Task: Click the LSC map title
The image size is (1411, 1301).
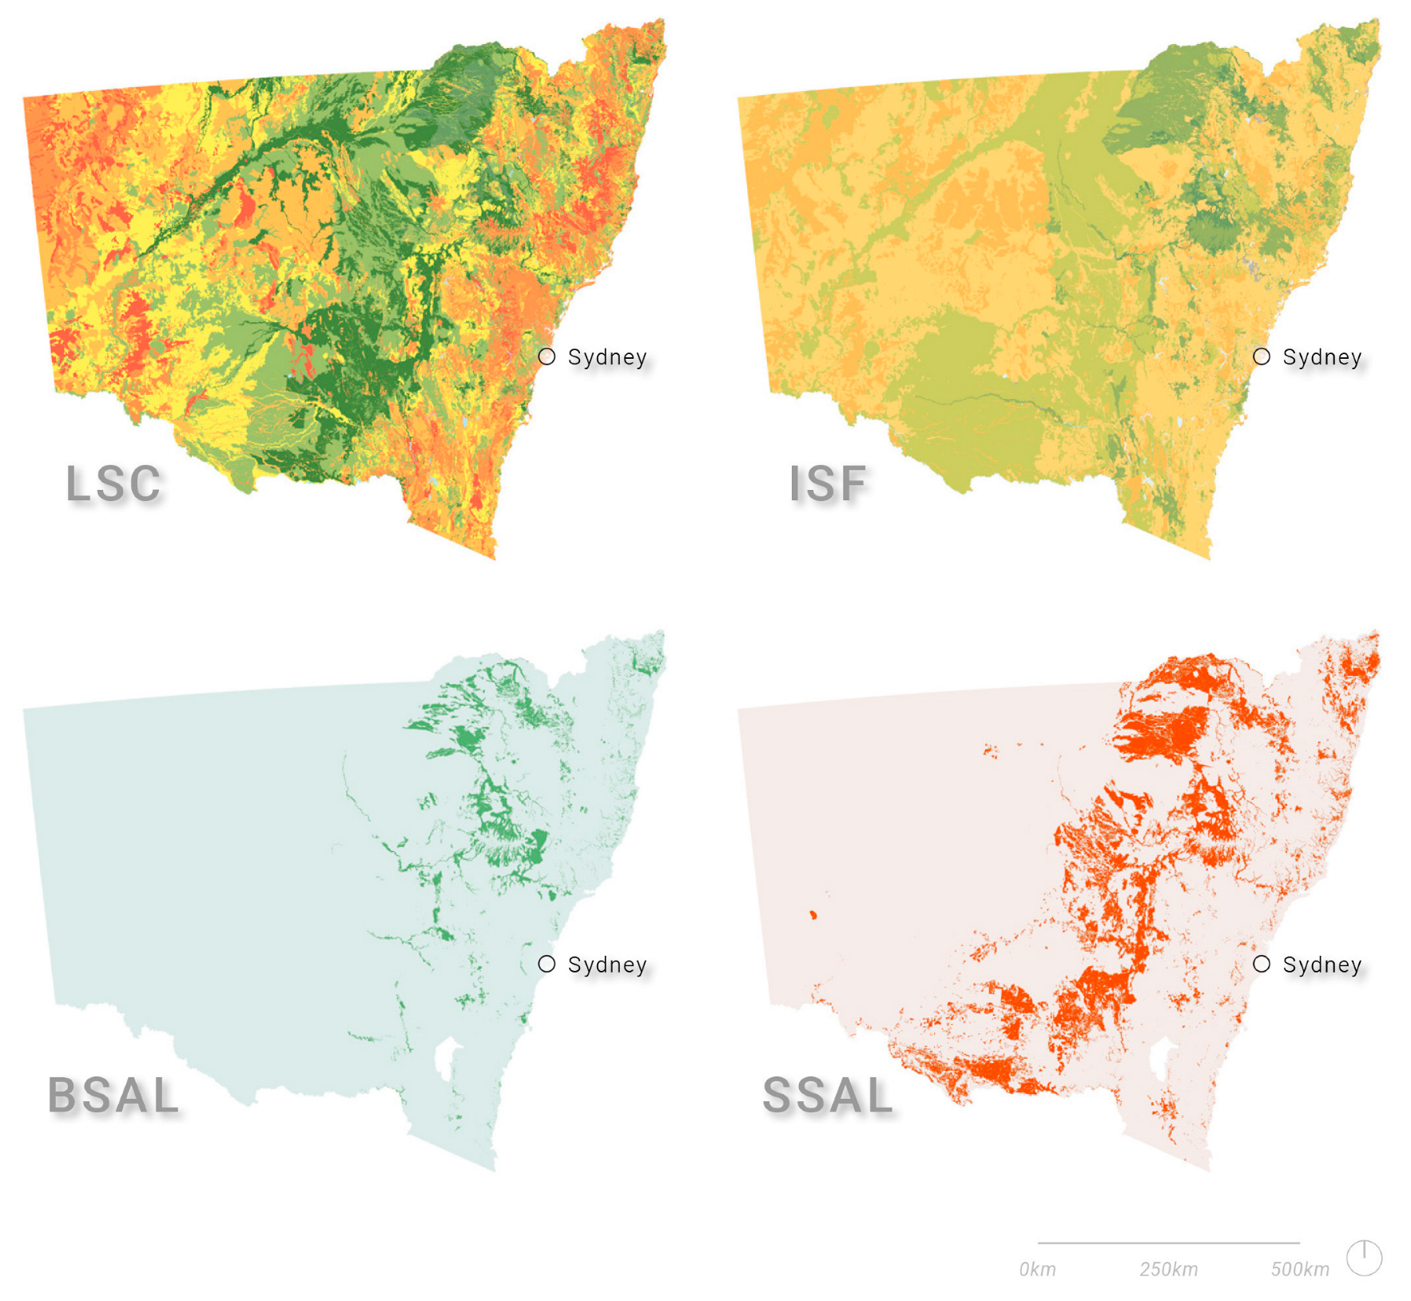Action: click(113, 483)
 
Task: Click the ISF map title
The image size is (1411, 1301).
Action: click(828, 483)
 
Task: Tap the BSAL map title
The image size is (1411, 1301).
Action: click(113, 1095)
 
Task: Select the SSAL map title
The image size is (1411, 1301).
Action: click(828, 1095)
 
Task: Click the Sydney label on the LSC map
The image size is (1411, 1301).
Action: click(607, 357)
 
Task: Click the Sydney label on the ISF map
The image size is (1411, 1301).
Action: click(1322, 357)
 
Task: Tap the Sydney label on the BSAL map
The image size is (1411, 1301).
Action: click(607, 965)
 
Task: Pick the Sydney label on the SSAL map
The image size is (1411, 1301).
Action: click(1322, 965)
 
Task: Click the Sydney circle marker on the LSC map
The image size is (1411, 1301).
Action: click(547, 356)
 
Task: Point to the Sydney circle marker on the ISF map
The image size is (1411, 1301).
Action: click(1261, 356)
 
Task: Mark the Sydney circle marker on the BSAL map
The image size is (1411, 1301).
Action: click(547, 964)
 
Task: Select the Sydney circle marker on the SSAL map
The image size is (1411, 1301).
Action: click(1261, 964)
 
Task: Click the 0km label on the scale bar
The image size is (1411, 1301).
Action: click(1037, 1269)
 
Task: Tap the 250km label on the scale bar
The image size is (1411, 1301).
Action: click(1168, 1269)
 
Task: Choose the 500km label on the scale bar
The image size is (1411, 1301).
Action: click(1300, 1269)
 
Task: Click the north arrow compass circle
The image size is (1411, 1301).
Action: click(1364, 1258)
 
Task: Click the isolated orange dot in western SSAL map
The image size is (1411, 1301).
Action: click(813, 915)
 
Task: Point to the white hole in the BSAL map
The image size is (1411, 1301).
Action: click(444, 1056)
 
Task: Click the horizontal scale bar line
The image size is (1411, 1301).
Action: click(1168, 1243)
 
